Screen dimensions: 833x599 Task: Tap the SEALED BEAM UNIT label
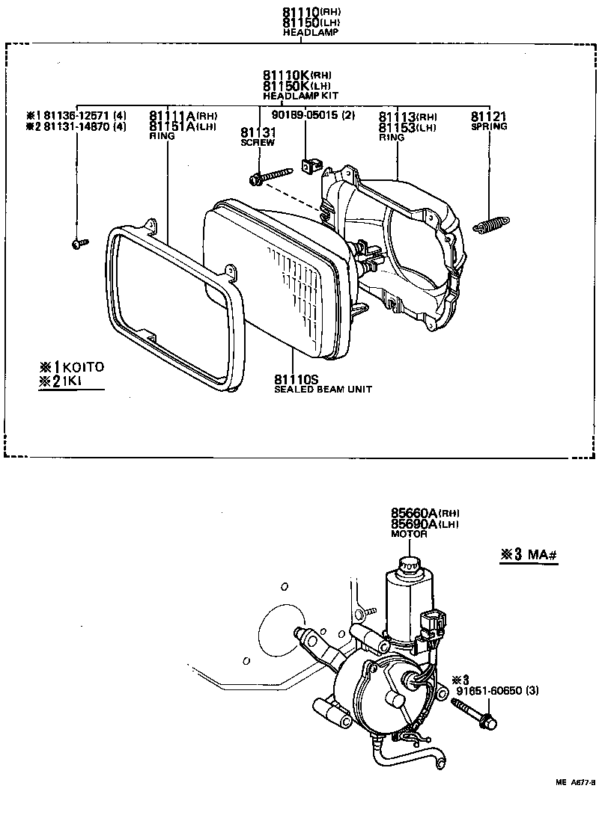[323, 390]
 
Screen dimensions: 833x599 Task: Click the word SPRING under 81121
[489, 126]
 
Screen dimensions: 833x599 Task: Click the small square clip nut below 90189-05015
[308, 166]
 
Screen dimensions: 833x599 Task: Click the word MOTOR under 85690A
[409, 535]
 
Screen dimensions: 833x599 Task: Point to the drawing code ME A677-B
[574, 783]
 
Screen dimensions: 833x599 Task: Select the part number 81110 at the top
[301, 13]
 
